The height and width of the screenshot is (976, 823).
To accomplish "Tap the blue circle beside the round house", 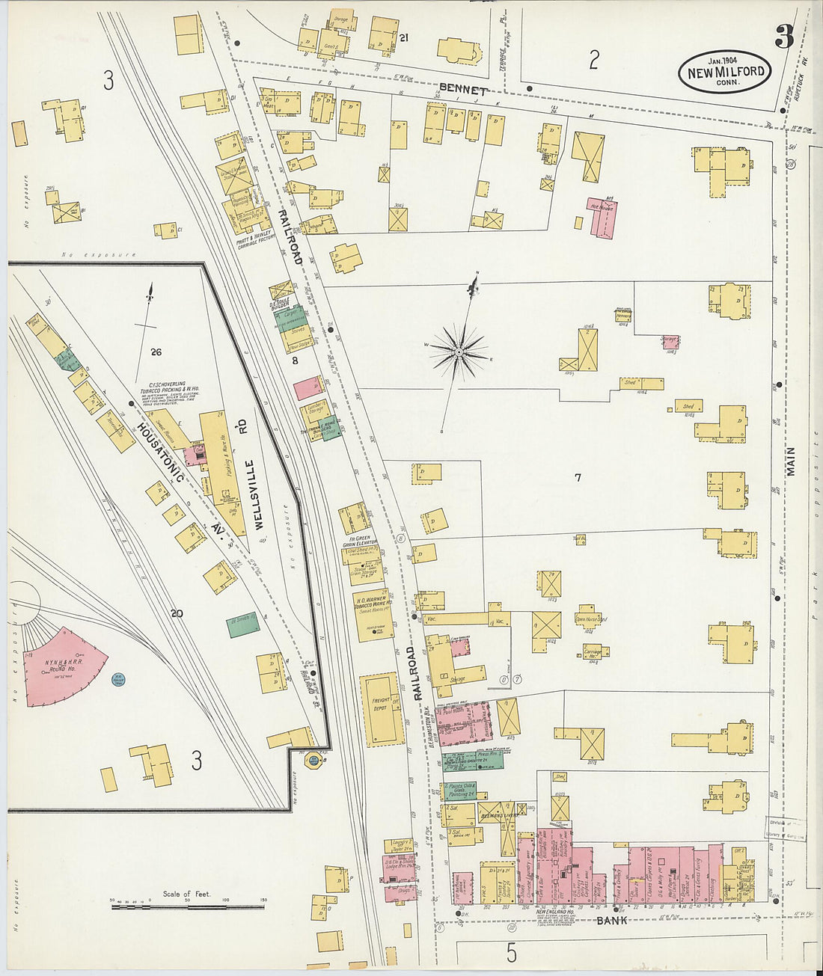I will coord(118,680).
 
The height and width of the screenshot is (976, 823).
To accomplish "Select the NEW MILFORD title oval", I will coord(724,73).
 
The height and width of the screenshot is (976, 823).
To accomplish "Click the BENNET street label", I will coord(463,88).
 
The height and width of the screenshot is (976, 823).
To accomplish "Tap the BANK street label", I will coord(611,920).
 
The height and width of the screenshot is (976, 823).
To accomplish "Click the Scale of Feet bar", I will coord(187,906).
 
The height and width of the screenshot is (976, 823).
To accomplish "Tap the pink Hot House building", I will coord(602,217).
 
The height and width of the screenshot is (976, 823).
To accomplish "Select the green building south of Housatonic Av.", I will coord(242,624).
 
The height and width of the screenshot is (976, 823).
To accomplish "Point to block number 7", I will coord(578,477).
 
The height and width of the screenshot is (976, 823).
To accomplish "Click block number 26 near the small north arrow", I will coord(156,352).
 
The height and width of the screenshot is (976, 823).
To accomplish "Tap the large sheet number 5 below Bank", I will coord(511,953).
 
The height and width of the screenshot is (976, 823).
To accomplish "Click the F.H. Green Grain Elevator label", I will coord(357,541).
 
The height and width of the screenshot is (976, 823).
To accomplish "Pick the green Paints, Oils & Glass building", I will coord(460,791).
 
